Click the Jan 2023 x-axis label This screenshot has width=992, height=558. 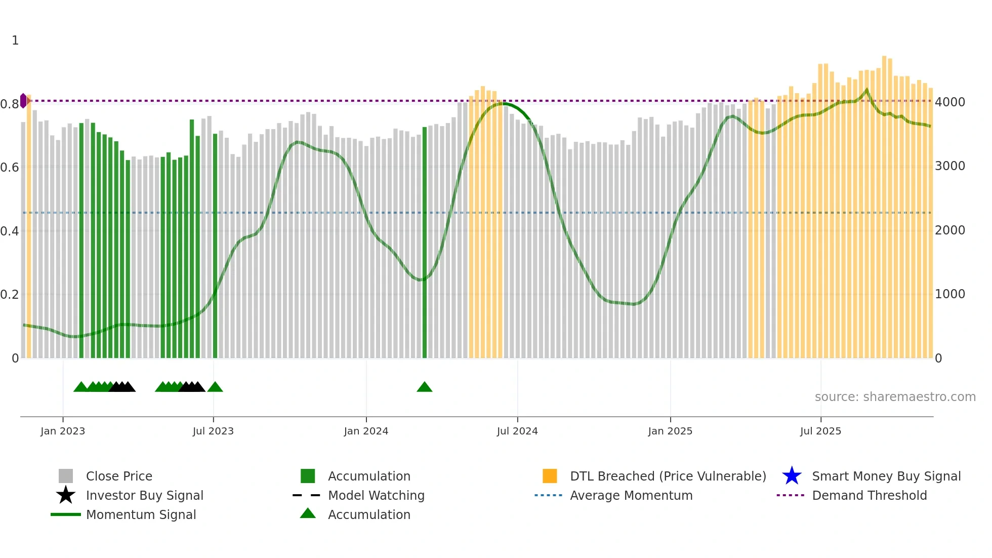[x=63, y=431]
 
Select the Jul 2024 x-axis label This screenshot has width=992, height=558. [x=517, y=431]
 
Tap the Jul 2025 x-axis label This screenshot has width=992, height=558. [x=820, y=431]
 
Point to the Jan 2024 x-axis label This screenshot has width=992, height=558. [x=366, y=431]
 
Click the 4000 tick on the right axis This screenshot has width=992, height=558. [x=950, y=102]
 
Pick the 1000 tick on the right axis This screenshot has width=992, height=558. [x=950, y=294]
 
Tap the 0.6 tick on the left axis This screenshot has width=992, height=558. [x=10, y=168]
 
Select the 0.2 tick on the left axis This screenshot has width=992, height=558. [x=10, y=295]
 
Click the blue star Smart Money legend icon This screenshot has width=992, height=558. [x=792, y=476]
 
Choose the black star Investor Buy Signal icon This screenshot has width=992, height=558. [x=66, y=495]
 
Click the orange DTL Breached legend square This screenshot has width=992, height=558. [x=550, y=476]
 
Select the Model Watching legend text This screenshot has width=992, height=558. [x=376, y=495]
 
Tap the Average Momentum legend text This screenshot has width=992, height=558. [x=631, y=495]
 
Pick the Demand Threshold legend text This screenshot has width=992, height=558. [x=869, y=495]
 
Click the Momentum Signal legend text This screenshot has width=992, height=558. [x=141, y=514]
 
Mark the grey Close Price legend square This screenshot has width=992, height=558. [x=66, y=476]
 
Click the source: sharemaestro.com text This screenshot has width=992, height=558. [x=895, y=397]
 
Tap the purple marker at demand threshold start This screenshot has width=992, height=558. [x=23, y=101]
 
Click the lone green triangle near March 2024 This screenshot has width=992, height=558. [x=425, y=387]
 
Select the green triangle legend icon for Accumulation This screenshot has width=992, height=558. [x=308, y=514]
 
